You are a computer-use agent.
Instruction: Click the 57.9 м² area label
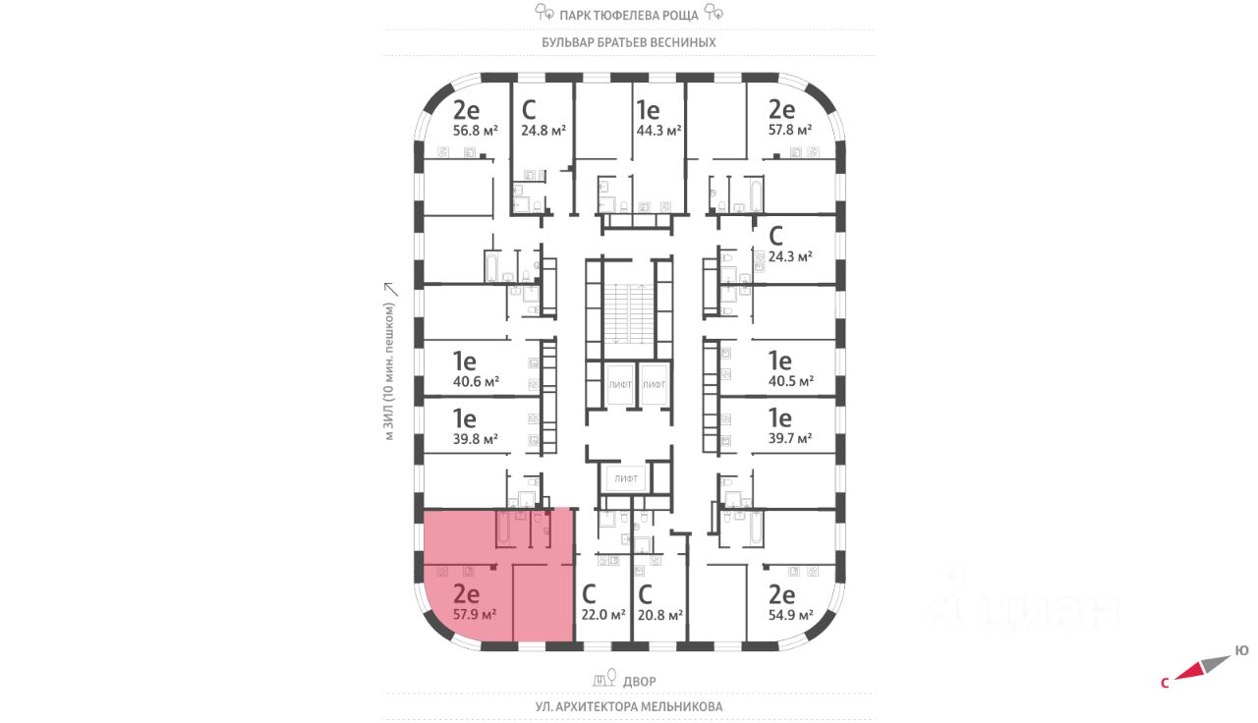tap(474, 615)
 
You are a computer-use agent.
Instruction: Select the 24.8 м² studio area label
tap(543, 130)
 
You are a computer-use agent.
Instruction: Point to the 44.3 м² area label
tap(658, 130)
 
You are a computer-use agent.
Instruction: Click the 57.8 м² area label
tap(790, 130)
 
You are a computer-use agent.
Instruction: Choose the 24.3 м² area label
tap(790, 256)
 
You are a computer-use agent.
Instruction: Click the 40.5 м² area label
tap(790, 381)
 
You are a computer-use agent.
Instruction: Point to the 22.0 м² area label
tap(603, 615)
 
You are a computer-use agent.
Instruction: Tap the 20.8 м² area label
tap(659, 615)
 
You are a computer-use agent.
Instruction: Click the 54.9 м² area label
tap(790, 615)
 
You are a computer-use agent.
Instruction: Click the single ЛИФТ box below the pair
tap(626, 479)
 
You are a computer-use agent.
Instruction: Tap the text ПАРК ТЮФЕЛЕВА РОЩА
tap(629, 15)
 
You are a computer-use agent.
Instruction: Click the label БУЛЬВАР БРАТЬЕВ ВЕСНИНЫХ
tap(629, 43)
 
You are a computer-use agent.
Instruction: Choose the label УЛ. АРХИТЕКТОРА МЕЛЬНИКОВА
tap(629, 706)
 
